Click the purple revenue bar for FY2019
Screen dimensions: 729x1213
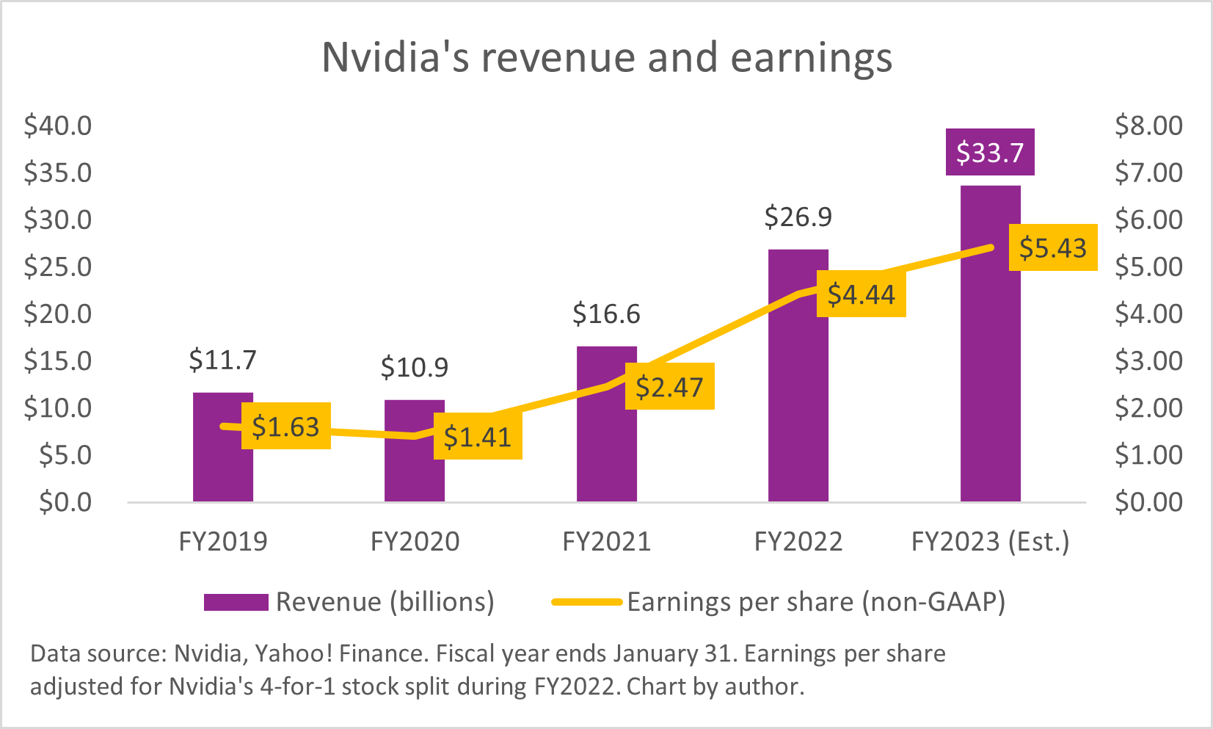pyautogui.click(x=222, y=470)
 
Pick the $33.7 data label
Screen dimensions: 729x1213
pyautogui.click(x=989, y=153)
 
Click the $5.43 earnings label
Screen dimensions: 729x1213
pyautogui.click(x=1052, y=248)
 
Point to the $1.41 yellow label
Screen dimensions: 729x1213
pyautogui.click(x=477, y=437)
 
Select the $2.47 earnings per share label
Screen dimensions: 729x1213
pyautogui.click(x=669, y=387)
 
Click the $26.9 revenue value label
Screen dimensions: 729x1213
pyautogui.click(x=798, y=217)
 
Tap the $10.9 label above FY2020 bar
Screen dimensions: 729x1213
pyautogui.click(x=414, y=367)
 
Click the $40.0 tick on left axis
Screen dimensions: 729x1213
pyautogui.click(x=58, y=126)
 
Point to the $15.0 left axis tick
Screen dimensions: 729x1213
pyautogui.click(x=58, y=361)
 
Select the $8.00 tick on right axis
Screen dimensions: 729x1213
pyautogui.click(x=1148, y=126)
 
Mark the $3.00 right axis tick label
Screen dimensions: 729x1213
pyautogui.click(x=1148, y=361)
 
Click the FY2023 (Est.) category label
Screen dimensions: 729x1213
pyautogui.click(x=990, y=542)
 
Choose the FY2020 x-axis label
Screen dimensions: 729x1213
pyautogui.click(x=415, y=542)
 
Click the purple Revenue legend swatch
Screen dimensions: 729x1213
pyautogui.click(x=236, y=602)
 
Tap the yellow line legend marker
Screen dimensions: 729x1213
pyautogui.click(x=586, y=602)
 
